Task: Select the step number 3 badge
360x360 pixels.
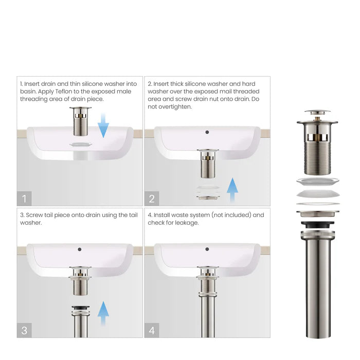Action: (x=24, y=330)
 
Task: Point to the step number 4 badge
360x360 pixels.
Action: (x=152, y=330)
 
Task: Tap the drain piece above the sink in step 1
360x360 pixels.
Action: (x=81, y=119)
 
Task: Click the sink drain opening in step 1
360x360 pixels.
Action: (x=81, y=145)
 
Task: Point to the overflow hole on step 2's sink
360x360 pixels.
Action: (x=207, y=132)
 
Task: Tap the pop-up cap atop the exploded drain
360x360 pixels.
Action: (x=317, y=112)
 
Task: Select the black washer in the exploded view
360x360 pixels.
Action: (x=317, y=224)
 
